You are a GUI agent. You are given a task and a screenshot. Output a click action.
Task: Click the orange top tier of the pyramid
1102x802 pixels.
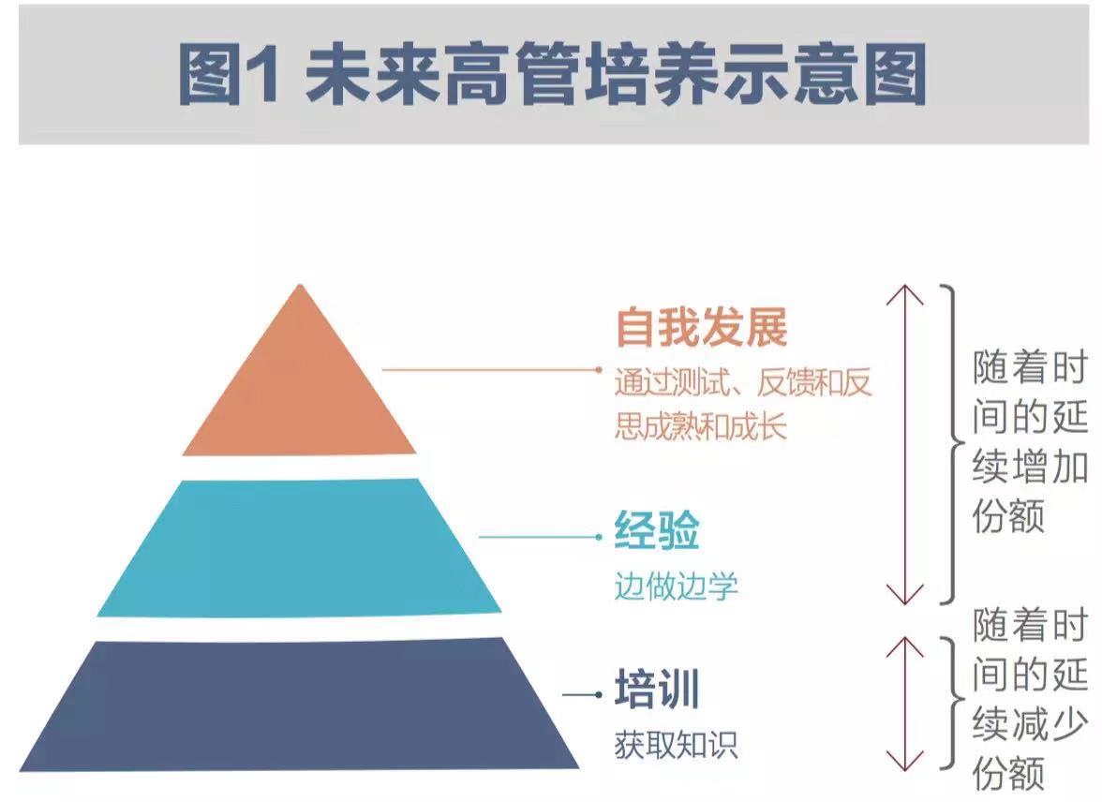click(299, 394)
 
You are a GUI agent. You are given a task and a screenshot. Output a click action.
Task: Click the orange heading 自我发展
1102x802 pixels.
click(701, 329)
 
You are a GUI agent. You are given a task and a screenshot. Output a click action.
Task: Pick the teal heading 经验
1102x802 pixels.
click(657, 532)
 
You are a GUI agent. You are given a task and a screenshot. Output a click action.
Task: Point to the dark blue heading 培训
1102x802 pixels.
click(657, 691)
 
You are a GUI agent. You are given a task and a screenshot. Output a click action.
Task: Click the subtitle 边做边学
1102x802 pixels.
click(676, 587)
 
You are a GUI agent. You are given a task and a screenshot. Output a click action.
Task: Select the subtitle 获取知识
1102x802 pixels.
click(676, 745)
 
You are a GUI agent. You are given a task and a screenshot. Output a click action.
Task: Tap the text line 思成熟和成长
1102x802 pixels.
click(701, 426)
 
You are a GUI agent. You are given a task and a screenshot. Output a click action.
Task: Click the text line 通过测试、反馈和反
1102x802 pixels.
click(743, 384)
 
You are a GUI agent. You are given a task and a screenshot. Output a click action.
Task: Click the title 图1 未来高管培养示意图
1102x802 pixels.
click(552, 75)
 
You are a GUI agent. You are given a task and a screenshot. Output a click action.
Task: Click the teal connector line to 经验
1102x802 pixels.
click(539, 537)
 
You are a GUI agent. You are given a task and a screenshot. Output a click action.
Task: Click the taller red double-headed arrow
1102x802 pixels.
click(905, 445)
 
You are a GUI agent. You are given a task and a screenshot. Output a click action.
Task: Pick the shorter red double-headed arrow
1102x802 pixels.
click(905, 703)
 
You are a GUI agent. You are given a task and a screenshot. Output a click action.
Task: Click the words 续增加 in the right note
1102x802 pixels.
click(1030, 467)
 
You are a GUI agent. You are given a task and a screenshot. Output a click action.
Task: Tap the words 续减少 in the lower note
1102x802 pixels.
click(1030, 725)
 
